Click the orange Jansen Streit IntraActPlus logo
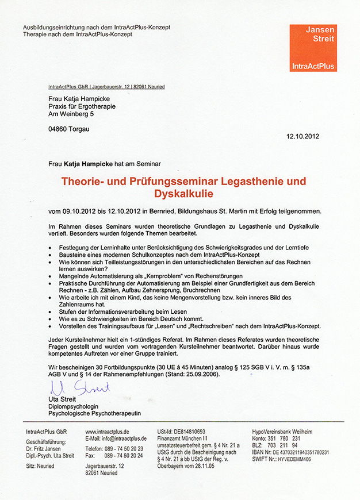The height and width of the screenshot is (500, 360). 313,48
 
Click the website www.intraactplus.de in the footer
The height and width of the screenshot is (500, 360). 107,431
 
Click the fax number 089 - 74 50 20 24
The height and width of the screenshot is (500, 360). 123,455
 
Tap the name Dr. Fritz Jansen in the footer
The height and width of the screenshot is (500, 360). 44,448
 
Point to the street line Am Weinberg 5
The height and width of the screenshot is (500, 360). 71,114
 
